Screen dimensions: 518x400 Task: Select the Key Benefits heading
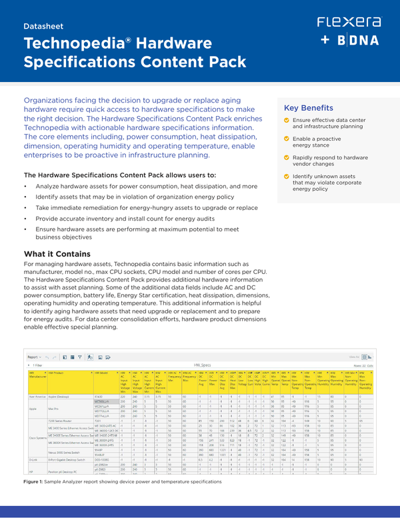click(309, 108)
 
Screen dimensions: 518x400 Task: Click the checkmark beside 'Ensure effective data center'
click(287, 120)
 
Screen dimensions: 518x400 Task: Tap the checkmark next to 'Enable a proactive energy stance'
click(287, 138)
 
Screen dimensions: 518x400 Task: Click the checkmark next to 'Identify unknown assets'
click(287, 176)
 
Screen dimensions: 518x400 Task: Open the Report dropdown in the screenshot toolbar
click(35, 357)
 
